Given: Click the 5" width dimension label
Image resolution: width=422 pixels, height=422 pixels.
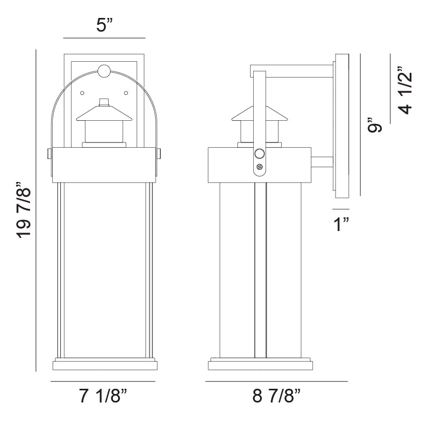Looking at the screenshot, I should [103, 26].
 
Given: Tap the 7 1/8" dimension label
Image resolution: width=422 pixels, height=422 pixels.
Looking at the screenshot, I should [104, 396].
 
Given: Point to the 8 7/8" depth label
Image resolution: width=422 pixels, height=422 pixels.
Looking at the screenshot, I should [276, 396].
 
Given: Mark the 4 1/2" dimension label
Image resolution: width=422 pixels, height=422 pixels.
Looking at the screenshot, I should [405, 90].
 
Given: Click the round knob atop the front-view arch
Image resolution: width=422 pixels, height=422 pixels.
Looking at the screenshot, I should [104, 70].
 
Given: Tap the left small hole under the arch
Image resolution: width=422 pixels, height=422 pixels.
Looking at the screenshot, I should [82, 93].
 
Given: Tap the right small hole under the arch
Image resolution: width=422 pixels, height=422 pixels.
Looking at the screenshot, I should [126, 93].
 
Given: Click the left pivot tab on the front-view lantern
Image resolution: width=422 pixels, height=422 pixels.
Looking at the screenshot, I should [49, 153].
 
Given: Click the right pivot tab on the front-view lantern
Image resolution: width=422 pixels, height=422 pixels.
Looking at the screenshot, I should [159, 153].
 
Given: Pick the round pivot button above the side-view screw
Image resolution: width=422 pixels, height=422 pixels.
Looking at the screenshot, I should [259, 154].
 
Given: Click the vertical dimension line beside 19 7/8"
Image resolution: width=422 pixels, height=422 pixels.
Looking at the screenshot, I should [35, 210].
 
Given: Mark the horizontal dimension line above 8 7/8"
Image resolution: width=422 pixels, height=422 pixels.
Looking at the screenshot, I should [276, 381].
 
